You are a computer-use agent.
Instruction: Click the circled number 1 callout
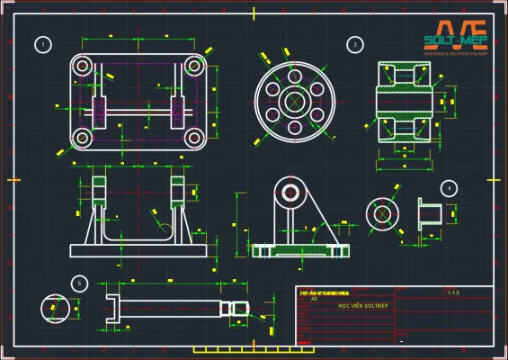tap(41, 44)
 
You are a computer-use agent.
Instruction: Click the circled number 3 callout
tap(355, 44)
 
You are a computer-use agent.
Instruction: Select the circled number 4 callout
tap(449, 188)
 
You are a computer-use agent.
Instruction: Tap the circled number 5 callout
tap(80, 283)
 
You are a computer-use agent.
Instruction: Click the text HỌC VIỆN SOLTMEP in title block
tap(357, 306)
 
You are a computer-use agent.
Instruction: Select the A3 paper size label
tap(314, 299)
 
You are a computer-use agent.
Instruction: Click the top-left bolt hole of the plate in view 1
tap(83, 65)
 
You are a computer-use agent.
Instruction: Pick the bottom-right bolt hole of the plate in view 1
tap(194, 138)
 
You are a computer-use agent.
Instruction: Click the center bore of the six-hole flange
tap(292, 101)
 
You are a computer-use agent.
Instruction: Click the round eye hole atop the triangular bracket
tap(290, 192)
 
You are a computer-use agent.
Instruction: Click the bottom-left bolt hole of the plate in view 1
tap(83, 138)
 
